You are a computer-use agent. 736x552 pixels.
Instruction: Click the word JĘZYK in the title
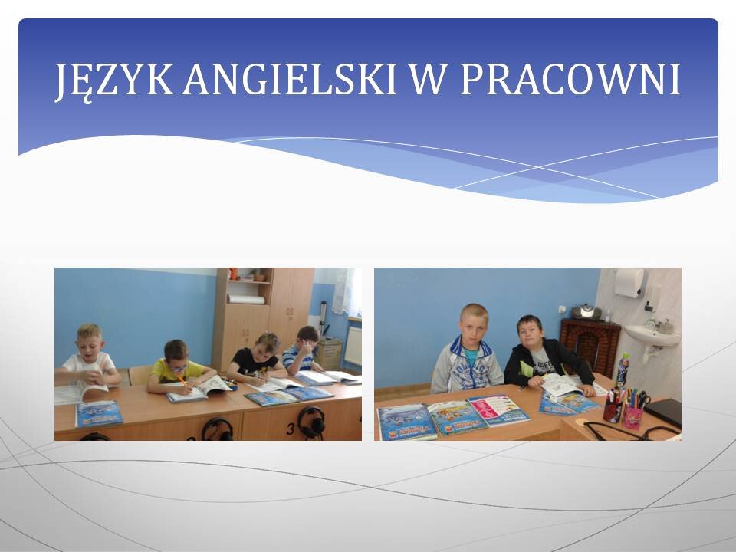[x=114, y=80]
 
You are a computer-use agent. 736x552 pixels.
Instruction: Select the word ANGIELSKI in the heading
[x=290, y=79]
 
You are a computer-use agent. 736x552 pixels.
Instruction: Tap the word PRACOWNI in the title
[x=570, y=79]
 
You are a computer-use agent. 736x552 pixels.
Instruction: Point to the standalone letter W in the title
[x=427, y=79]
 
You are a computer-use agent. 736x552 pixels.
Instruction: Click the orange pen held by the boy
[x=182, y=379]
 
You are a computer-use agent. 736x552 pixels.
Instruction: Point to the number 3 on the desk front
[x=291, y=429]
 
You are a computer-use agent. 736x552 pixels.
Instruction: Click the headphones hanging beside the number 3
[x=310, y=422]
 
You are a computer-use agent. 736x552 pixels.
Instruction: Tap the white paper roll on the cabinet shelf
[x=246, y=299]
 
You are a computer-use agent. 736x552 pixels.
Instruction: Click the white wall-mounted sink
[x=652, y=338]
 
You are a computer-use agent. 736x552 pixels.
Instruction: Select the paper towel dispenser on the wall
[x=629, y=283]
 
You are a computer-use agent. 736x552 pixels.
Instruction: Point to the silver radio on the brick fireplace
[x=586, y=312]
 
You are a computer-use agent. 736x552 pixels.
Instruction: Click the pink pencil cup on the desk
[x=632, y=417]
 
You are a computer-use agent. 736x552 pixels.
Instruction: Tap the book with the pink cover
[x=498, y=410]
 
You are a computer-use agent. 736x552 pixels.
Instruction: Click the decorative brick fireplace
[x=590, y=343]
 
